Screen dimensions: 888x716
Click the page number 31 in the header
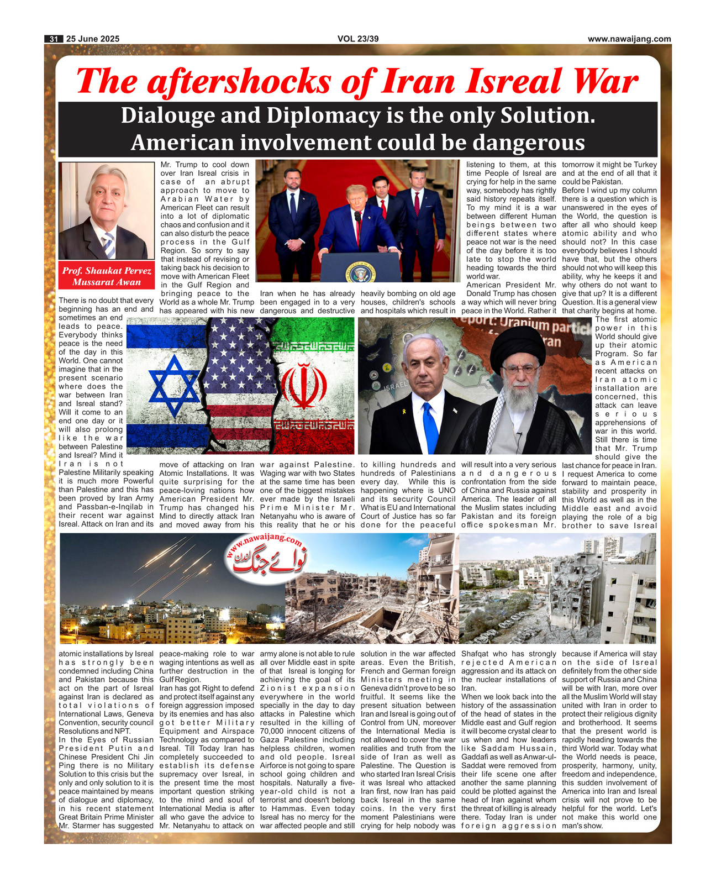[x=54, y=39]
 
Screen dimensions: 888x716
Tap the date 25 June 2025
[x=92, y=39]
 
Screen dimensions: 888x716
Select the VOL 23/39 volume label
[x=358, y=39]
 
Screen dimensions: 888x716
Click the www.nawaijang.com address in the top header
[x=629, y=39]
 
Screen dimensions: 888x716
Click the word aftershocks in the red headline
[x=240, y=82]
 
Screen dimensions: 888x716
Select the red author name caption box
[x=107, y=276]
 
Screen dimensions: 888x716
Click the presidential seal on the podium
[x=360, y=272]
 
